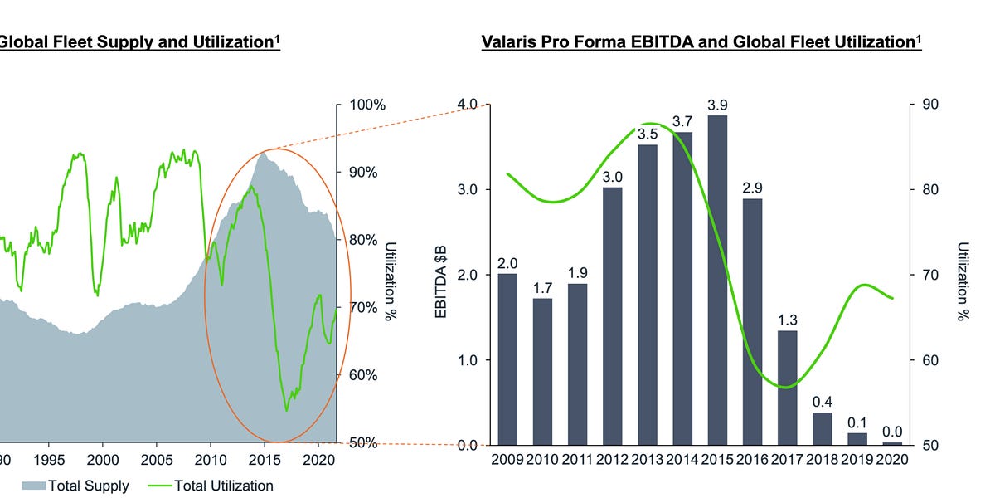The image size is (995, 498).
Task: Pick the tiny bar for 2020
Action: point(892,443)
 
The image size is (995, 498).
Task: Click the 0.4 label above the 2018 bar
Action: point(822,402)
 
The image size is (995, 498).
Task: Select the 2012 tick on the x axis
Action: point(612,458)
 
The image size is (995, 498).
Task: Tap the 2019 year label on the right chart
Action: point(857,458)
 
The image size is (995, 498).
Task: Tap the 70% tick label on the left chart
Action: point(362,307)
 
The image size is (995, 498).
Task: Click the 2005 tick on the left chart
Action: point(157,458)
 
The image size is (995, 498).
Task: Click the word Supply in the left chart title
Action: point(109,41)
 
